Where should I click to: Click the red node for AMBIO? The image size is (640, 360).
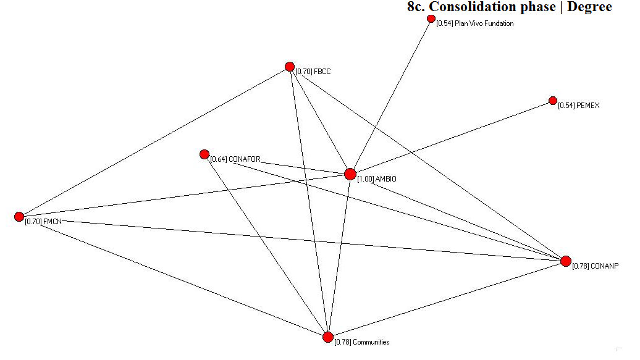pyautogui.click(x=350, y=174)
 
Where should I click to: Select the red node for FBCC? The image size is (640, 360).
pyautogui.click(x=290, y=67)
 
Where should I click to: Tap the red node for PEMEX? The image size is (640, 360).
pyautogui.click(x=553, y=101)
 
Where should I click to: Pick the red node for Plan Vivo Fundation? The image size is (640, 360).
pyautogui.click(x=431, y=19)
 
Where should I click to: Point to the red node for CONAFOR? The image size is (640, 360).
pyautogui.click(x=204, y=154)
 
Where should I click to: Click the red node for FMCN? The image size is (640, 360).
pyautogui.click(x=19, y=217)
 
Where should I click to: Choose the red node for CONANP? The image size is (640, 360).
pyautogui.click(x=565, y=261)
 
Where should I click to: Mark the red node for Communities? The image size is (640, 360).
pyautogui.click(x=328, y=337)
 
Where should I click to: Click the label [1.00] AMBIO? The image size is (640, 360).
pyautogui.click(x=377, y=179)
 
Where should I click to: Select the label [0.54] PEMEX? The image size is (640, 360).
pyautogui.click(x=578, y=106)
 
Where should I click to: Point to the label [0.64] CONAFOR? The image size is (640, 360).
pyautogui.click(x=235, y=159)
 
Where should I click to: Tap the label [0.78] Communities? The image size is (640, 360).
pyautogui.click(x=362, y=342)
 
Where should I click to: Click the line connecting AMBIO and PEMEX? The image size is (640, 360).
pyautogui.click(x=451, y=138)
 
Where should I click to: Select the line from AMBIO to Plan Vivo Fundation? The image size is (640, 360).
pyautogui.click(x=390, y=96)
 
